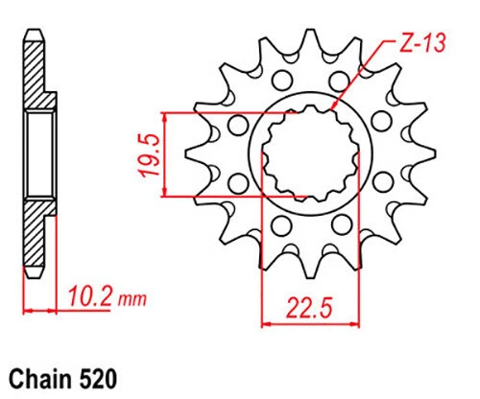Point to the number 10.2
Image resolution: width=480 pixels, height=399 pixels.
(x=88, y=298)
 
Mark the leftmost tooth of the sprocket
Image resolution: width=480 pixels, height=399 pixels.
(x=188, y=153)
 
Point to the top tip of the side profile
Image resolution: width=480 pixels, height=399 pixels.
(x=36, y=32)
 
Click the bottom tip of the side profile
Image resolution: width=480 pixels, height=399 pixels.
(x=36, y=278)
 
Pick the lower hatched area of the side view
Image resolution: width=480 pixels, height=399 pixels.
(x=36, y=235)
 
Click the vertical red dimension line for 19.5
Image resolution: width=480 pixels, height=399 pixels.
(x=168, y=155)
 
